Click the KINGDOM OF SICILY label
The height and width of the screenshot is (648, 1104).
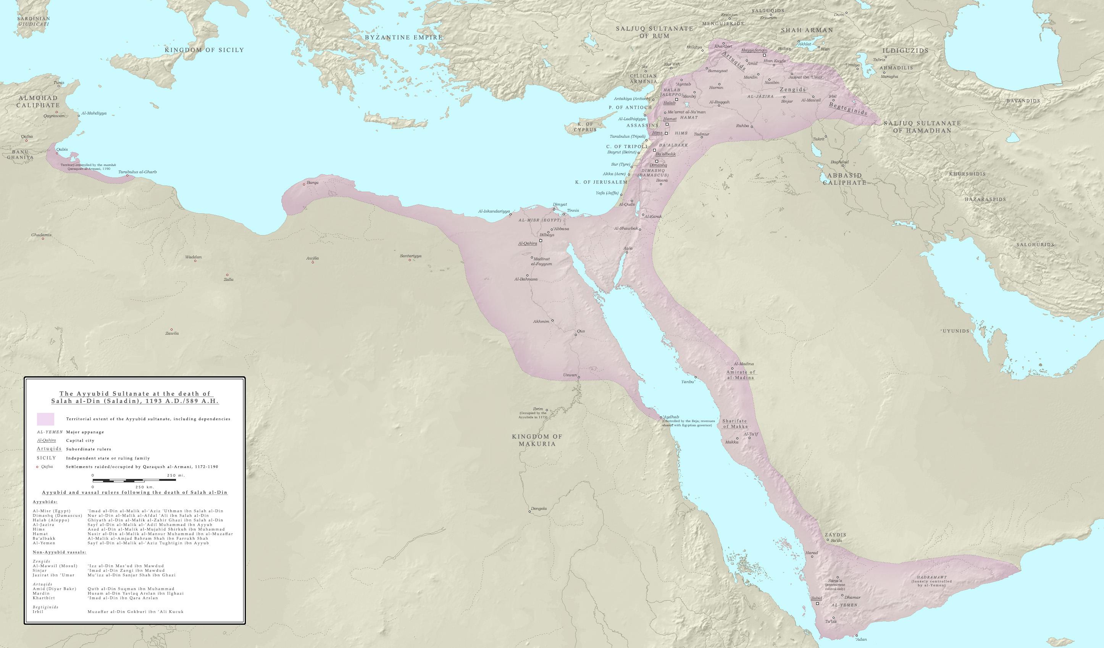(204, 50)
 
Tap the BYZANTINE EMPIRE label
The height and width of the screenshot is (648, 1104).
(404, 38)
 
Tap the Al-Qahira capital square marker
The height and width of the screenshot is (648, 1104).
(541, 241)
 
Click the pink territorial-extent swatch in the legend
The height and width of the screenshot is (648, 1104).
(45, 419)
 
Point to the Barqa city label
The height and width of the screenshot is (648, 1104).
(312, 182)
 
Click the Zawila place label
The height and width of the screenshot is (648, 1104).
(172, 333)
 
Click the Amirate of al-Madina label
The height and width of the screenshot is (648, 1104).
(740, 374)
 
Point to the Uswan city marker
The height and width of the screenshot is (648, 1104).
(579, 377)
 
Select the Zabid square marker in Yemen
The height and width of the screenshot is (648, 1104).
(817, 603)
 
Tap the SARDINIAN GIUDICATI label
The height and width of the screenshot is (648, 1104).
(33, 21)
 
